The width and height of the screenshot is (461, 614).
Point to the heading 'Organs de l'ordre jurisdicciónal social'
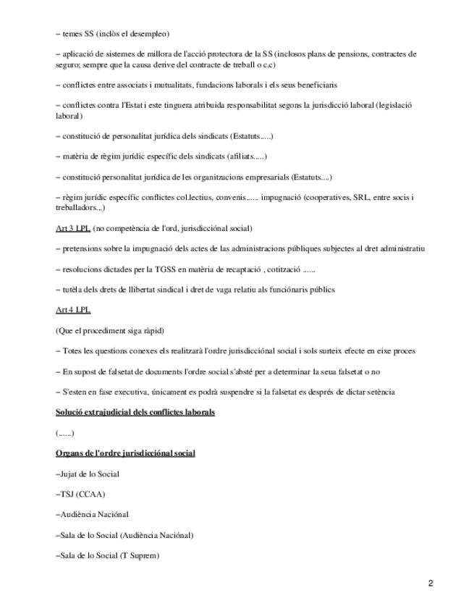pyautogui.click(x=124, y=453)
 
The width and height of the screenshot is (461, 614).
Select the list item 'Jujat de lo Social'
pyautogui.click(x=88, y=474)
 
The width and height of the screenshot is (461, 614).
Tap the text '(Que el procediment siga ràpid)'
pyautogui.click(x=110, y=331)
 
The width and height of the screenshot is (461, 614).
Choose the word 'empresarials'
pyautogui.click(x=267, y=177)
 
